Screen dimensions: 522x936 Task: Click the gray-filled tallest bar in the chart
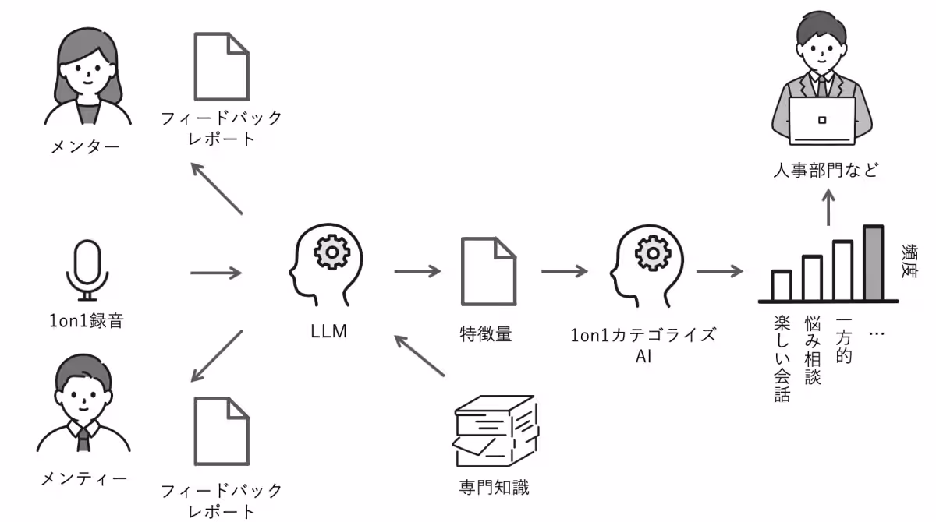point(873,263)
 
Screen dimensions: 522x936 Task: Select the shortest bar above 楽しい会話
point(782,285)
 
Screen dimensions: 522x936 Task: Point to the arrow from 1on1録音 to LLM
point(216,273)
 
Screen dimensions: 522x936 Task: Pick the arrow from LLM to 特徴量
point(417,271)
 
